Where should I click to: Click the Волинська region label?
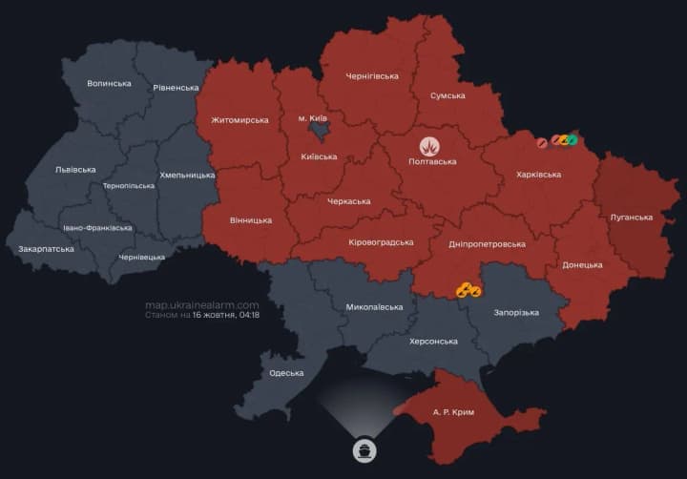(x=109, y=83)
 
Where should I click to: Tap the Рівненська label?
(x=176, y=88)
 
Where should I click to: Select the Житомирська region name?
(x=239, y=120)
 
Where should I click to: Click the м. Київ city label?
(x=314, y=117)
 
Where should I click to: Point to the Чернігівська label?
(x=372, y=76)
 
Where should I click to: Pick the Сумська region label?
(x=448, y=95)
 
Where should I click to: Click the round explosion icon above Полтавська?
(x=431, y=146)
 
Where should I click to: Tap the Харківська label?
(x=538, y=175)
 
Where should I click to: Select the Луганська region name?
(x=631, y=218)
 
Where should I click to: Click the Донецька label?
(x=582, y=264)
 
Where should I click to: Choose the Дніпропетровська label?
(x=487, y=243)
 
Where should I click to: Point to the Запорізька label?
(x=516, y=312)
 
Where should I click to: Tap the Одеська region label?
(x=286, y=373)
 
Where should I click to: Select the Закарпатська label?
(x=46, y=249)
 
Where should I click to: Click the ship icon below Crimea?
(x=364, y=449)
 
